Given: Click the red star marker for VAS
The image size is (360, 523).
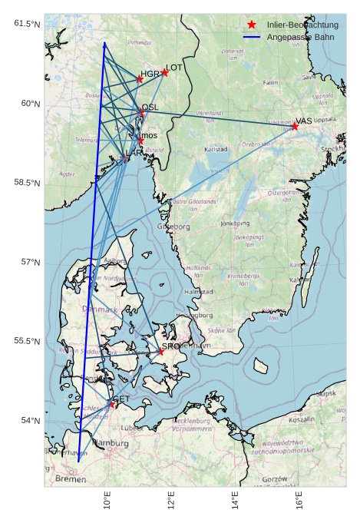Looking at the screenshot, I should click(295, 127).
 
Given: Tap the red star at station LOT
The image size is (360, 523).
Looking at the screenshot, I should click(165, 73).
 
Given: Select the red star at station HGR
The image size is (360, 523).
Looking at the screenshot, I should click(140, 79).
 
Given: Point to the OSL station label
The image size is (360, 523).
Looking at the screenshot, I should click(150, 108).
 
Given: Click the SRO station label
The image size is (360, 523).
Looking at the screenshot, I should click(170, 346).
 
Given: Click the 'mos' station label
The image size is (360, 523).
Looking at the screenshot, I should click(149, 135).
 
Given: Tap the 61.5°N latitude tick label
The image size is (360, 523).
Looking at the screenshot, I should click(27, 24).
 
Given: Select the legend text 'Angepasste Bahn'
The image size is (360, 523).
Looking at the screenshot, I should click(300, 37).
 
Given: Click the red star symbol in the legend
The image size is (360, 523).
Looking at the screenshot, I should click(252, 25).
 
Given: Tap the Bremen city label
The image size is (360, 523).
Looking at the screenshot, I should click(71, 479).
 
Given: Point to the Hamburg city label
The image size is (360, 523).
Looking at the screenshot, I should click(111, 443).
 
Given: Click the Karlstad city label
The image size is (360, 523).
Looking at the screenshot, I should click(216, 150).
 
